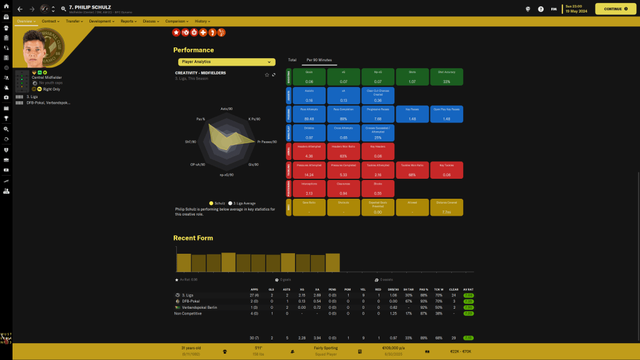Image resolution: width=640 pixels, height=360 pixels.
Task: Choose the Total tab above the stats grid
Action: coord(292,60)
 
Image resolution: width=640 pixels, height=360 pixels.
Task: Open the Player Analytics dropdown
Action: coord(226,62)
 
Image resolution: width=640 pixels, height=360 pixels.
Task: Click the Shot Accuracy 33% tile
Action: coord(446,77)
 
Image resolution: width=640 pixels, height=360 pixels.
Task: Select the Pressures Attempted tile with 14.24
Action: coord(309,170)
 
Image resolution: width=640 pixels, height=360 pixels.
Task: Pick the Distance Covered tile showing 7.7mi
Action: coord(446,207)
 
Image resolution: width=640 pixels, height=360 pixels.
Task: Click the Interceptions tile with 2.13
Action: coord(309,189)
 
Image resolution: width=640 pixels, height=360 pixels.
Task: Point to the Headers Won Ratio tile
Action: coord(343,151)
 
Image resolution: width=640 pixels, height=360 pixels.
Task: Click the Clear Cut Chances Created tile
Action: coord(378,96)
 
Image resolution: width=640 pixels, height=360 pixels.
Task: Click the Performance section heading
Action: coord(193,50)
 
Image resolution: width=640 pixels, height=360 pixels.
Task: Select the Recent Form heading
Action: coord(193,238)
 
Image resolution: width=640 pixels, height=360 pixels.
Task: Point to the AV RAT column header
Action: coord(469,289)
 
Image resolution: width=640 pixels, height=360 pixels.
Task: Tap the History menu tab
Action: coord(202,21)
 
